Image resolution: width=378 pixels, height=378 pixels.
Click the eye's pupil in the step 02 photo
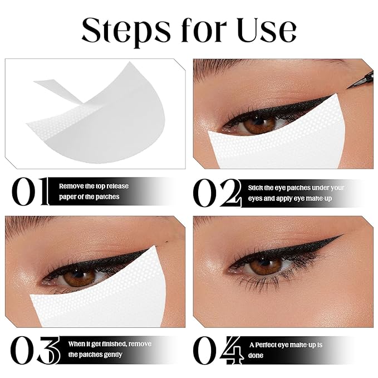coord(257,124)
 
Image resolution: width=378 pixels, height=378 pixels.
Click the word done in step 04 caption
coord(257,355)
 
